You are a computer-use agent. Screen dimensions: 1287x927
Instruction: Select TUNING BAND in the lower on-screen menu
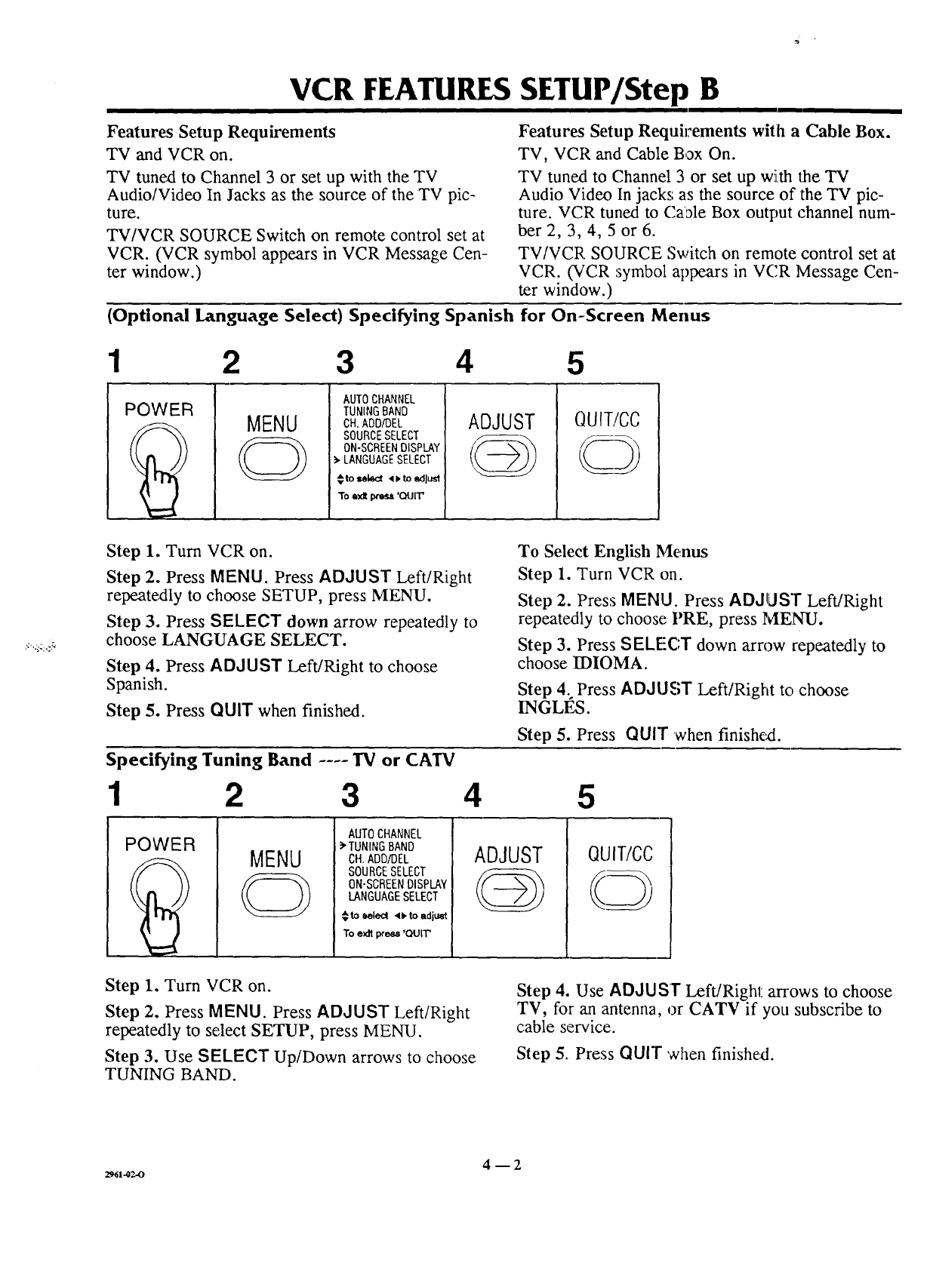pos(380,846)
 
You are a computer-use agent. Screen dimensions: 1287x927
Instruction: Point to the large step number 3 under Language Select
pos(344,363)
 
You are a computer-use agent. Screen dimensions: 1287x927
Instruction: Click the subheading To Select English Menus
pos(612,551)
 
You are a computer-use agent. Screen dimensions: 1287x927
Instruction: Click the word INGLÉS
pos(553,708)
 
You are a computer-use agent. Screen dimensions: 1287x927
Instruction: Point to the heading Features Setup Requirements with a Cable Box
pos(705,131)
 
